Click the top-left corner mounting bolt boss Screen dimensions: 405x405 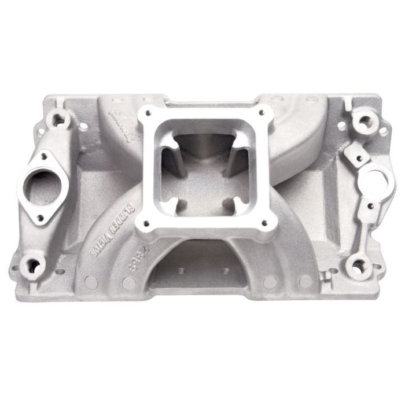(58, 120)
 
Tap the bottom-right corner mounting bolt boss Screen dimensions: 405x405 (358, 267)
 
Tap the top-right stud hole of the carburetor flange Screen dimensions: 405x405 (262, 113)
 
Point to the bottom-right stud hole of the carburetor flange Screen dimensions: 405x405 (267, 222)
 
